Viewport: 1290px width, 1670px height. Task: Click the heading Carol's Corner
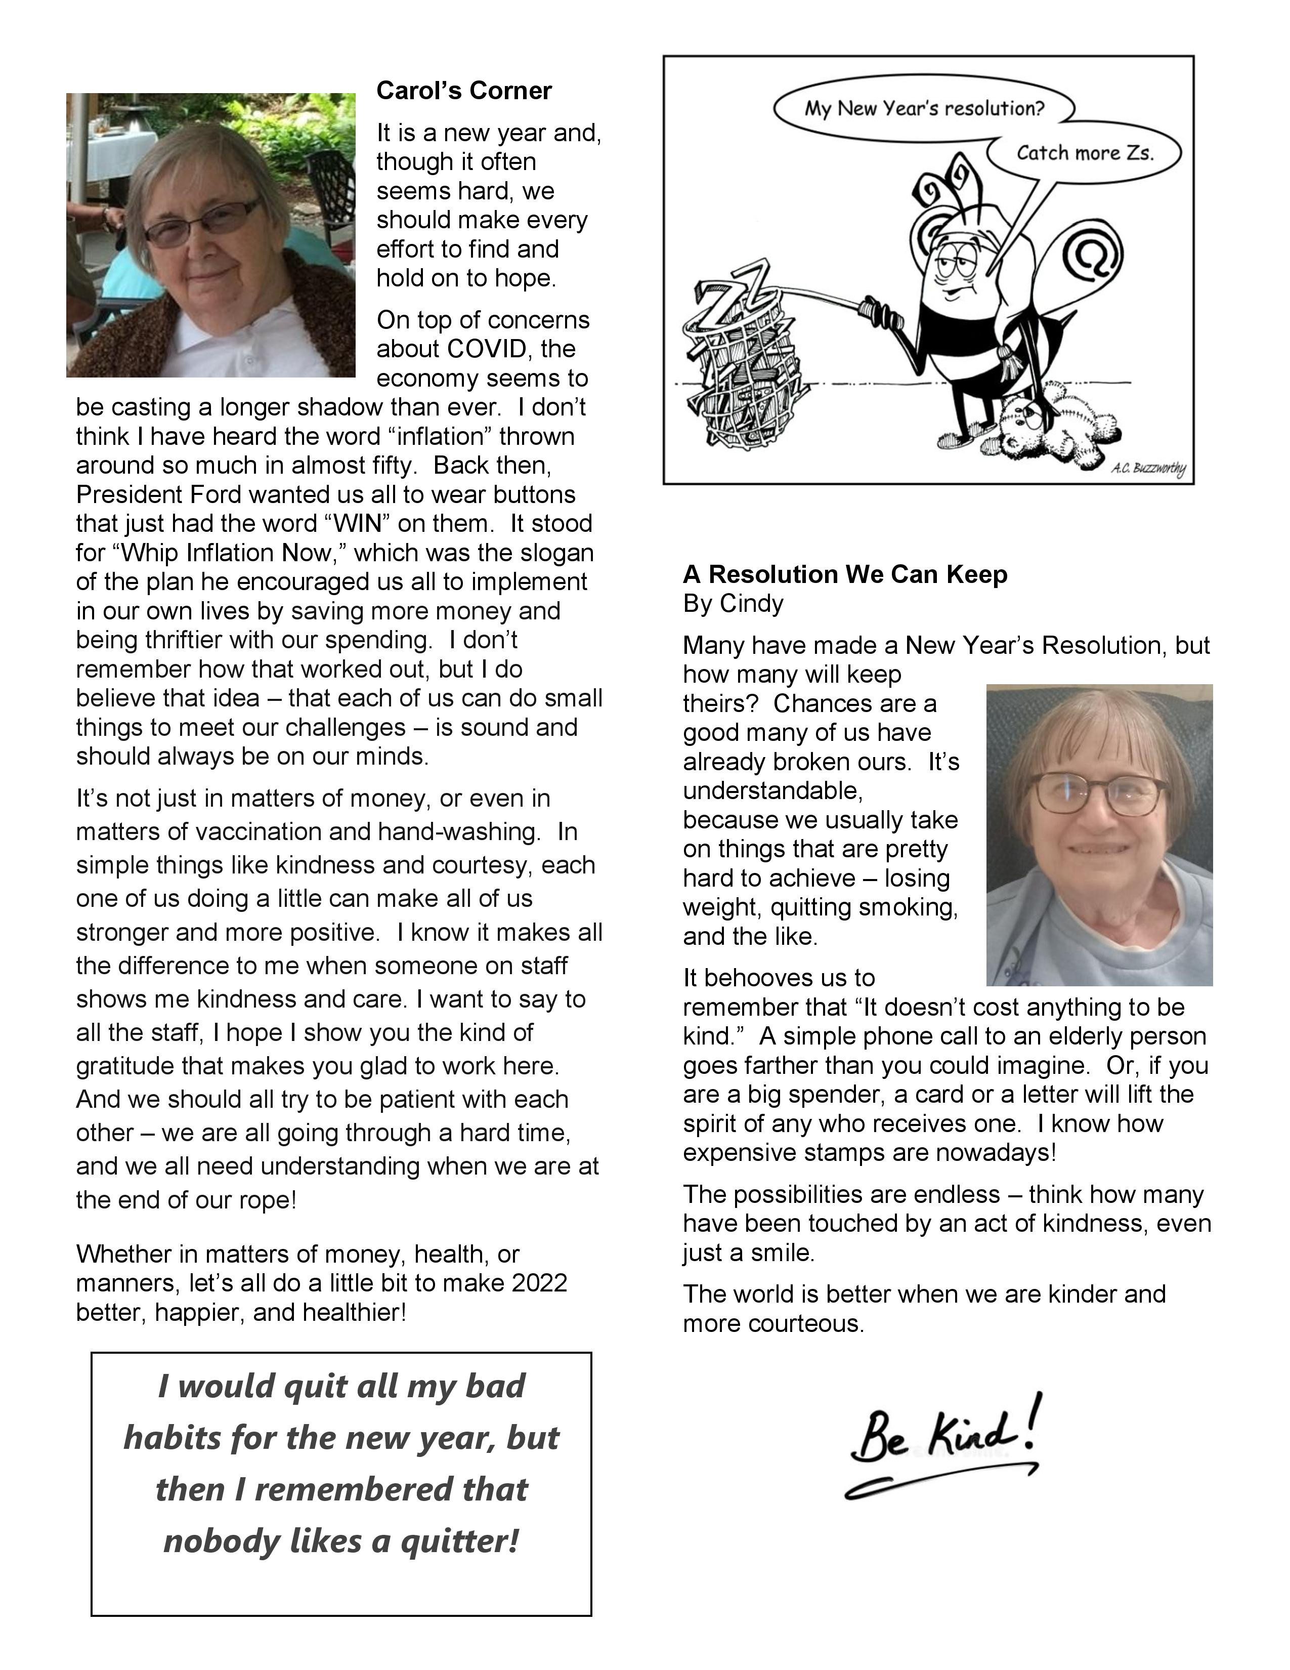[464, 91]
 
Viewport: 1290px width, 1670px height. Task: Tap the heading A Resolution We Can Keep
[844, 574]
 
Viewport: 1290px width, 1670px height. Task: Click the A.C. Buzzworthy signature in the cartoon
[1147, 468]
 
